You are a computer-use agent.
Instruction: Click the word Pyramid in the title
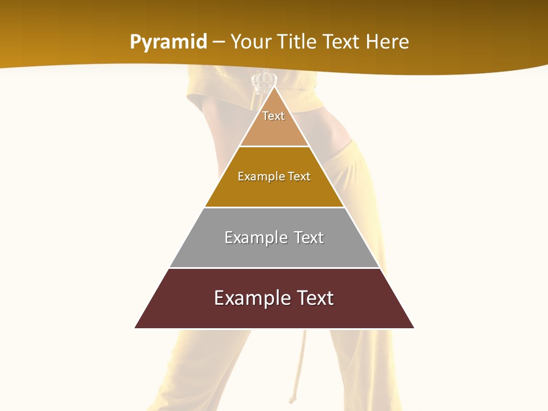pos(168,42)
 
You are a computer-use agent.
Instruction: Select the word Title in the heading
pos(299,42)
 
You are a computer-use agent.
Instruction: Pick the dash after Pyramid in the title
pos(218,42)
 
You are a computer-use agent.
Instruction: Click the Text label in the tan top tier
pos(273,116)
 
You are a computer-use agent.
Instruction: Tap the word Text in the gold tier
pos(299,176)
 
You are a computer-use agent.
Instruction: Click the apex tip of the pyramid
pos(274,87)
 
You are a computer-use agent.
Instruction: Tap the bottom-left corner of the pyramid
pos(136,328)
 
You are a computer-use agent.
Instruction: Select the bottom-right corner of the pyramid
pos(413,328)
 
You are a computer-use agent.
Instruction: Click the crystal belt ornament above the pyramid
pos(264,84)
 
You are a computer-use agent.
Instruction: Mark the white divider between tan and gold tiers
pos(274,147)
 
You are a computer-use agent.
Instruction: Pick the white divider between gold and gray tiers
pos(274,207)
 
